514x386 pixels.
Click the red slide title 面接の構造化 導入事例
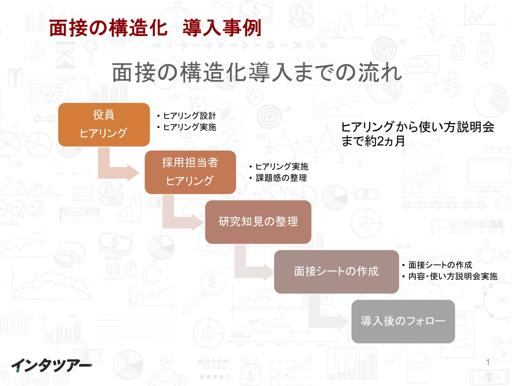(x=155, y=28)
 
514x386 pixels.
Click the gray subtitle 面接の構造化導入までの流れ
(x=257, y=72)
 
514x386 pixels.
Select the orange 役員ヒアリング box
(x=104, y=125)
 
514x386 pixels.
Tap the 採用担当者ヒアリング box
(x=190, y=172)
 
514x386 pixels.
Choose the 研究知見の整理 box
(x=258, y=222)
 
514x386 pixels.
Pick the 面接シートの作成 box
(x=336, y=272)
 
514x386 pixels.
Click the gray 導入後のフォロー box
(x=403, y=321)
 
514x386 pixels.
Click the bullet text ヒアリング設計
(x=189, y=116)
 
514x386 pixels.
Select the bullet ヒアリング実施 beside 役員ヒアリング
(x=189, y=127)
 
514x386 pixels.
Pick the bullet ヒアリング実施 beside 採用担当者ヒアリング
(x=282, y=166)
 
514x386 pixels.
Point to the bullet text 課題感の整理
(x=281, y=178)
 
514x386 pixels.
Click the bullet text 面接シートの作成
(x=440, y=265)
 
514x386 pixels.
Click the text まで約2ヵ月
(x=373, y=141)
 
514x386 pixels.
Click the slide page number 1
(x=488, y=362)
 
